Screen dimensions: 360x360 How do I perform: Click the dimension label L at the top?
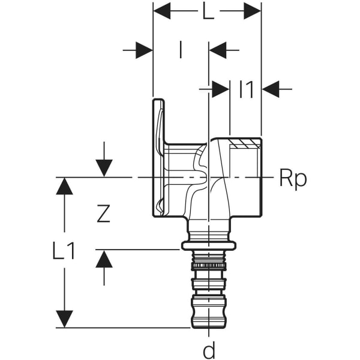point(207,11)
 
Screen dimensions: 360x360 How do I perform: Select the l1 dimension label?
point(246,89)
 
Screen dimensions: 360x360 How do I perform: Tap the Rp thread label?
point(293,178)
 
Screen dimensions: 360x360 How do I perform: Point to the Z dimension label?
point(104,214)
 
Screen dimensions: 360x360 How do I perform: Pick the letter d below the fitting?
point(208,350)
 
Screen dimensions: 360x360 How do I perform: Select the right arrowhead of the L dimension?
point(252,10)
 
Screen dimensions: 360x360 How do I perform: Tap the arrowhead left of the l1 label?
point(221,89)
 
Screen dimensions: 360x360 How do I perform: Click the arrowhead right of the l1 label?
point(271,89)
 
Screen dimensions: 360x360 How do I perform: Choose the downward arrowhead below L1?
point(64,319)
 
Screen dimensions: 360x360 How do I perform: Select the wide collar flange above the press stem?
point(208,245)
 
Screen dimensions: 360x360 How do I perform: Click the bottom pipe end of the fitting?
point(208,312)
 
